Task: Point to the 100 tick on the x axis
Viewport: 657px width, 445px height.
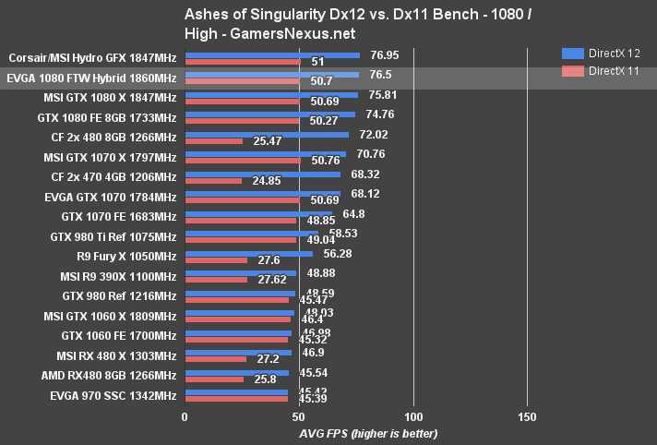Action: point(413,417)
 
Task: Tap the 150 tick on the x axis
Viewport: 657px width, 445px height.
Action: point(527,417)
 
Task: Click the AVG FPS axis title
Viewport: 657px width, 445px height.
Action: point(368,433)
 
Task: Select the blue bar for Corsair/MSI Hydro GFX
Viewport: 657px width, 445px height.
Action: point(272,54)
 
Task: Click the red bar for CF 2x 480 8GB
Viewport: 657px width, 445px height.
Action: point(214,141)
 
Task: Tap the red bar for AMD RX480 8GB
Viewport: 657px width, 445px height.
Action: point(214,379)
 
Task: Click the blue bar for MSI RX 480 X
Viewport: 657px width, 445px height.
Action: point(238,353)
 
